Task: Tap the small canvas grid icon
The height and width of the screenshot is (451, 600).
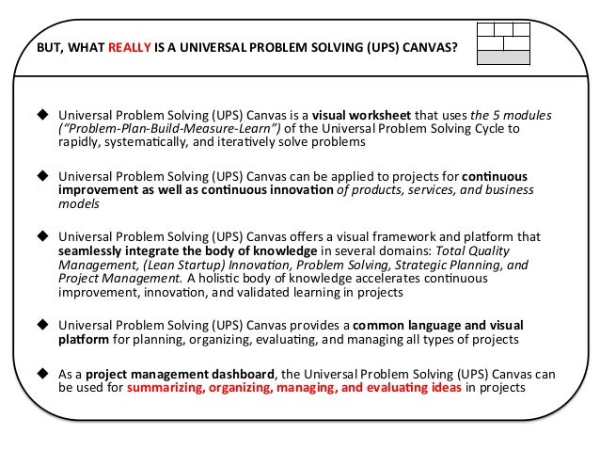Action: (503, 43)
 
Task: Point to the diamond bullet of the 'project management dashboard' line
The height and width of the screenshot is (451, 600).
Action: (42, 374)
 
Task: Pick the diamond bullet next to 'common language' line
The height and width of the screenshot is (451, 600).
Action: (42, 323)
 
